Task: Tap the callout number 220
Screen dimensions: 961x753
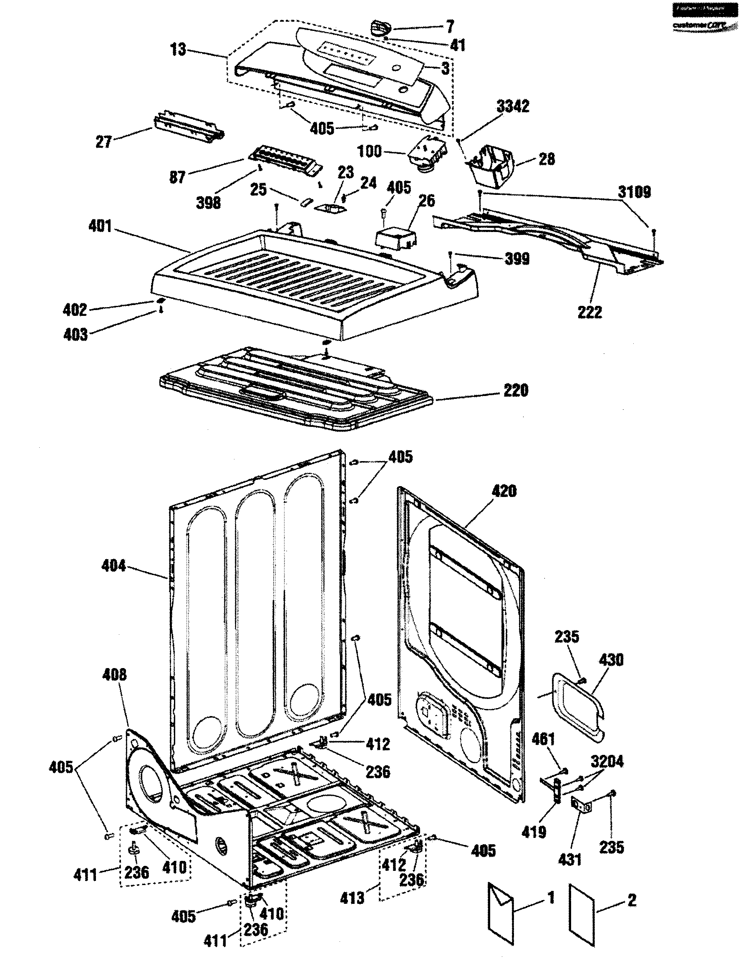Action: [515, 390]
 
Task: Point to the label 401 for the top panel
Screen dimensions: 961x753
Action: [101, 227]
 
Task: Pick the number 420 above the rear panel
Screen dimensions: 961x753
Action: [504, 491]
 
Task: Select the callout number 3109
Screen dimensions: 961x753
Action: [634, 192]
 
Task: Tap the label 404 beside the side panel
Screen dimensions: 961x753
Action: [114, 566]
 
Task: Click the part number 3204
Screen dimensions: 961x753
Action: [607, 761]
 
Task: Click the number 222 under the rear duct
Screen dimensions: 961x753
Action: [589, 312]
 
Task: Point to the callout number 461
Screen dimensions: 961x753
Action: [543, 739]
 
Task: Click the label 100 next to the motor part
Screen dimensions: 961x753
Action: [369, 151]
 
